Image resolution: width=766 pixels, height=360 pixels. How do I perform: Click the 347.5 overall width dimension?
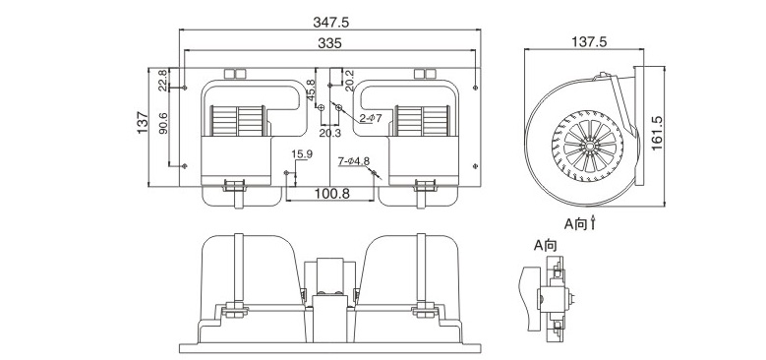(330, 23)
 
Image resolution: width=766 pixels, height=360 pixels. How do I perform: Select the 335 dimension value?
(329, 43)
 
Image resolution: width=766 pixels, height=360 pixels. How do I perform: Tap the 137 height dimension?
(143, 123)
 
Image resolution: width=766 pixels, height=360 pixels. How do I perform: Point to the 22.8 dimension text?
(162, 80)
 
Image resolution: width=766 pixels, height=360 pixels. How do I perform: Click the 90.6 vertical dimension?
(163, 123)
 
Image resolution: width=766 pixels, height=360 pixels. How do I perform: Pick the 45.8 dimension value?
(311, 90)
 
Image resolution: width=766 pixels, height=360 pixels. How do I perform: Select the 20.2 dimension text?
(350, 80)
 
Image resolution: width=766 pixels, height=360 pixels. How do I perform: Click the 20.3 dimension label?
(330, 133)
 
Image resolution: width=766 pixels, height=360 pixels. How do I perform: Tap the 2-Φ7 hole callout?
(371, 118)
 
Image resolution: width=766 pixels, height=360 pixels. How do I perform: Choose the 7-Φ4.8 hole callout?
(354, 160)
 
